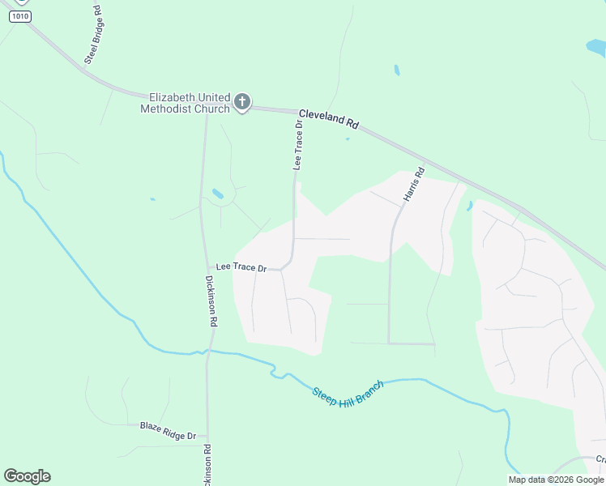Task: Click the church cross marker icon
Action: [x=241, y=102]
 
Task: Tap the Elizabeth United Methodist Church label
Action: [x=185, y=103]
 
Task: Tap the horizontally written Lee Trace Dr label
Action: [x=241, y=267]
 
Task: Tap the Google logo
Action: [x=27, y=476]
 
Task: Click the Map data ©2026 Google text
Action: [x=557, y=480]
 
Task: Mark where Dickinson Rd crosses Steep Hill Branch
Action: [x=207, y=351]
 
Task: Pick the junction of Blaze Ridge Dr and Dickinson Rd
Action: [x=207, y=435]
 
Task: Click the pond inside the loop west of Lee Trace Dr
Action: [x=218, y=194]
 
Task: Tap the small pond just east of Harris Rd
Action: [x=469, y=206]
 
